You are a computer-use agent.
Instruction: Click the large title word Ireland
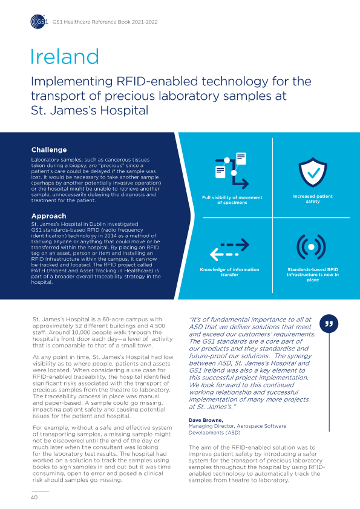click(64, 57)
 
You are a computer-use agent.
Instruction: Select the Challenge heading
click(48, 149)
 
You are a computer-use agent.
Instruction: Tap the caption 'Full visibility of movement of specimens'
click(232, 201)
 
